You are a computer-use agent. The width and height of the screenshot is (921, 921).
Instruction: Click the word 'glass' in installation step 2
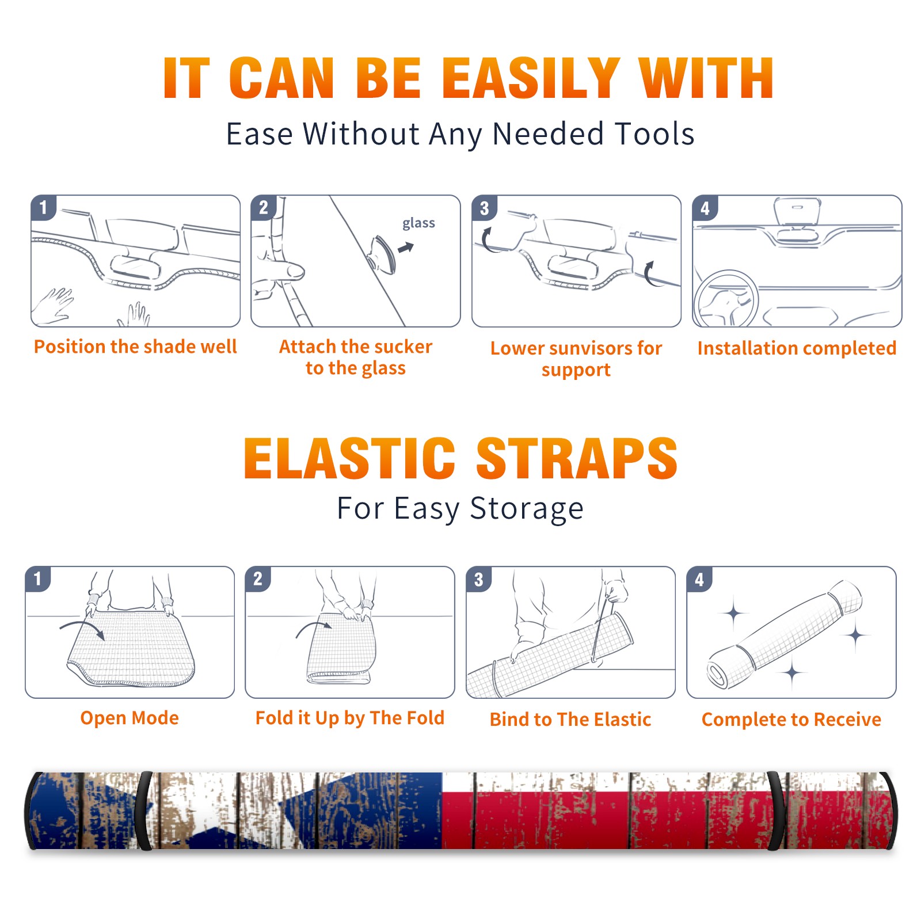418,223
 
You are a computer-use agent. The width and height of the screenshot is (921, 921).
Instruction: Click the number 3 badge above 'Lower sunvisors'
484,208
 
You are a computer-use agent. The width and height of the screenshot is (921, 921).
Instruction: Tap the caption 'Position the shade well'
135,347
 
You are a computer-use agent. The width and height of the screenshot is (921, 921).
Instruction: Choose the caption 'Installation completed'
797,348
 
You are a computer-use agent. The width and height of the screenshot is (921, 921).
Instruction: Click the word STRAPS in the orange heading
577,458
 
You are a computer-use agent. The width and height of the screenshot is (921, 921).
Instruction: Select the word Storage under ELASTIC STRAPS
527,509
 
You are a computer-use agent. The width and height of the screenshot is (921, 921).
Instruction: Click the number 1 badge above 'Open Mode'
38,579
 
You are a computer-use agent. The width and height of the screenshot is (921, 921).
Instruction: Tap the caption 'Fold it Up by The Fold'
350,718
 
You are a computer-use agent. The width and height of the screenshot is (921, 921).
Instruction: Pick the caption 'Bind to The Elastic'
570,720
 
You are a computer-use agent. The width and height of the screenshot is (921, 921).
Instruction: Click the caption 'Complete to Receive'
791,720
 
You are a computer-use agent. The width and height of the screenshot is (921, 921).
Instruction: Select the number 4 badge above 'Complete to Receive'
699,579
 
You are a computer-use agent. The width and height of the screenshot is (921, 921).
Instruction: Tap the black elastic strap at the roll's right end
777,810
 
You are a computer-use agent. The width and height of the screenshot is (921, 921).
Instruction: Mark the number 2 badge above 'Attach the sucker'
264,208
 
